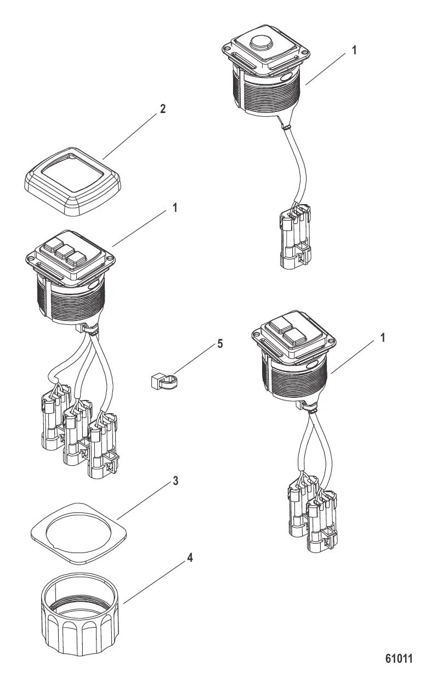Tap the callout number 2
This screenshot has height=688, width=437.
click(x=163, y=109)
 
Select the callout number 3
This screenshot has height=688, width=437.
click(x=175, y=481)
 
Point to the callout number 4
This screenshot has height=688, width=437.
click(x=190, y=557)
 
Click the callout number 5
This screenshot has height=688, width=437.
click(x=220, y=343)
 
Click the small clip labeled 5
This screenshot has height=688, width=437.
click(x=164, y=381)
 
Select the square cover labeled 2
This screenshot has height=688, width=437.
click(x=72, y=181)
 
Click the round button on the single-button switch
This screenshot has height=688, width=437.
click(x=262, y=43)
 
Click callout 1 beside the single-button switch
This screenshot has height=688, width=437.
click(x=354, y=50)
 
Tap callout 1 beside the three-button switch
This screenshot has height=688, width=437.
click(x=175, y=208)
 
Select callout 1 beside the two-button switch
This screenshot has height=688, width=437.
click(x=383, y=338)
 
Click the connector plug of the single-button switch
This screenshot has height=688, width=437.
click(x=295, y=236)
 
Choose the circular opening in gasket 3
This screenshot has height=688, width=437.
click(x=78, y=528)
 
